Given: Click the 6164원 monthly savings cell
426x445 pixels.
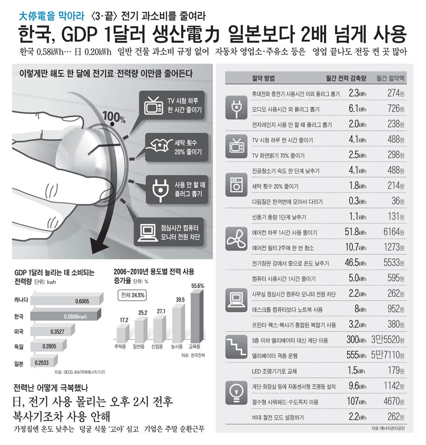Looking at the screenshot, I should coord(393,232).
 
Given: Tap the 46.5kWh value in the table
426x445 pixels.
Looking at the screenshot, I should coord(355,263).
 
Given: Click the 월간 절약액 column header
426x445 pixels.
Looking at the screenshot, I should coord(391,78).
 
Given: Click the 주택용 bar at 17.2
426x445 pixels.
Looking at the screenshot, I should coord(123,333).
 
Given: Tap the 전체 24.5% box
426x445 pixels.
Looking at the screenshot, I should coord(133,295).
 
